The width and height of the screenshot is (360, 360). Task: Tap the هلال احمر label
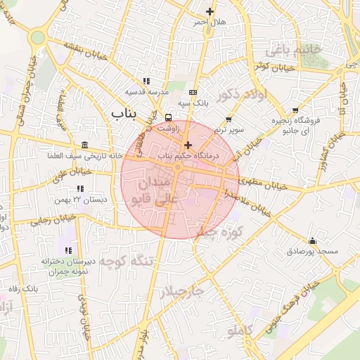point(211,22)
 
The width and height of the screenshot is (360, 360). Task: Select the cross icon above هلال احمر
point(210,11)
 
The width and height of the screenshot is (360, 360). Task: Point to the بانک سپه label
point(194,103)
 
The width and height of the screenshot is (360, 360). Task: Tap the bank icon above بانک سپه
point(193,92)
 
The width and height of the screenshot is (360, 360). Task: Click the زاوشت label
point(169,129)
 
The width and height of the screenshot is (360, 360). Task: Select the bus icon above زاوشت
point(168,117)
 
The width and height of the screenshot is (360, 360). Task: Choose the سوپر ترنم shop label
point(230,131)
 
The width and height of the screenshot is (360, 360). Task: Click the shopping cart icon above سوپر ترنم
point(229,120)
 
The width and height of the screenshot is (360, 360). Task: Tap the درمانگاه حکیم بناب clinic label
point(188,155)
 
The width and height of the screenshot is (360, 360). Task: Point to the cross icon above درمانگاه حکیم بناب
point(188,145)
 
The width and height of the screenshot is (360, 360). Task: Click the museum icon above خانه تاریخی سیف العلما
point(85,145)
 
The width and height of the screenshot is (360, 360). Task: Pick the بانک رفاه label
point(24,289)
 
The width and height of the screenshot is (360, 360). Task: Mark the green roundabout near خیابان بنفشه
point(38,37)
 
